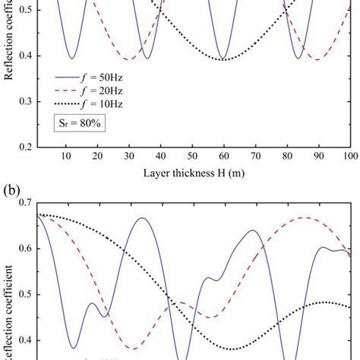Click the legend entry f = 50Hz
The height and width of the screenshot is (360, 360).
pyautogui.click(x=91, y=77)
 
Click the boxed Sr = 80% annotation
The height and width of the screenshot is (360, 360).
pyautogui.click(x=79, y=125)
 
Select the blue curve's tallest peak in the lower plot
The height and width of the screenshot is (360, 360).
pyautogui.click(x=142, y=218)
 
